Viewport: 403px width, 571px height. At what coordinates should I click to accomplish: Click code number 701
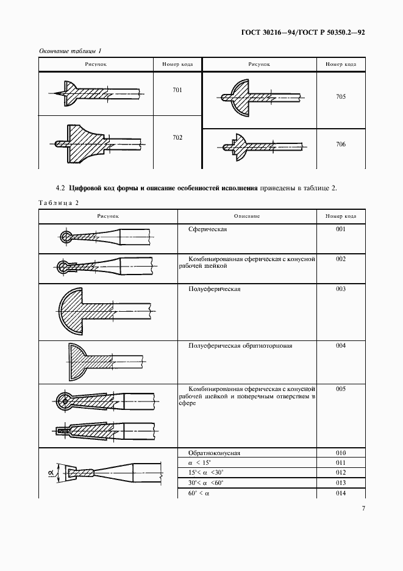coord(177,90)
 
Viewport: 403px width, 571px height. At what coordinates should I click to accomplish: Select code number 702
coord(177,137)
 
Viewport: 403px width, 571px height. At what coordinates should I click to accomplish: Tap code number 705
coord(340,97)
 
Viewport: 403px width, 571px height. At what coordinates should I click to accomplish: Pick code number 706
coord(340,144)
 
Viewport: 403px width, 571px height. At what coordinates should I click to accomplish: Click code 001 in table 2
coord(340,229)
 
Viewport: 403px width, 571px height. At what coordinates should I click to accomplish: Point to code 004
coord(340,346)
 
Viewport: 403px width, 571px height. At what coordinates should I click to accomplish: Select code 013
coord(340,483)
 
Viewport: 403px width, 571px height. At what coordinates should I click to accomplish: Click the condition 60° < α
coord(202,492)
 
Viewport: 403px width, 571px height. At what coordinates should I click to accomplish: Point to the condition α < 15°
coord(202,463)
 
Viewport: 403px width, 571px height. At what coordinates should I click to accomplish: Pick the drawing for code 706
coord(259,145)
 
